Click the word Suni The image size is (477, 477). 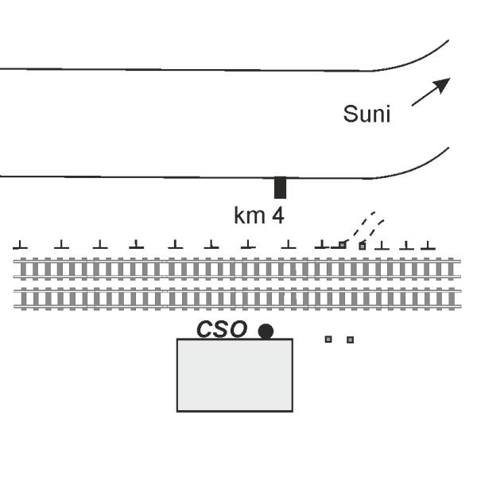[x=366, y=114]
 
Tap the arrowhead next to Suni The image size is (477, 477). [x=444, y=83]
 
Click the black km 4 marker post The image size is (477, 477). [x=280, y=188]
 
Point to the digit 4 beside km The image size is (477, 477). [x=277, y=215]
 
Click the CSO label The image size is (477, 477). [x=222, y=329]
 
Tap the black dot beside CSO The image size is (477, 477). [x=266, y=331]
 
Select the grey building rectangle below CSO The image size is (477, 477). [x=235, y=374]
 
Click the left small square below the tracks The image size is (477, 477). [x=328, y=339]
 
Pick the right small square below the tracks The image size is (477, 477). [x=350, y=339]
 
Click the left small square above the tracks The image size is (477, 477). [x=343, y=245]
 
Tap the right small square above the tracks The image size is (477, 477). [x=363, y=246]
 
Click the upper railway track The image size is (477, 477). [x=237, y=270]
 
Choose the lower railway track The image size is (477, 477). [x=237, y=298]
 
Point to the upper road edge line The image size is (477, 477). [x=199, y=70]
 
